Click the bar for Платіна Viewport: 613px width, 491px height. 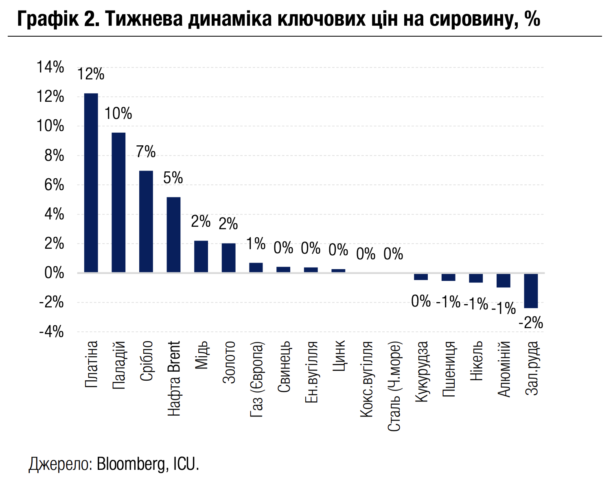point(91,183)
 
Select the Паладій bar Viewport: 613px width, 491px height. point(118,202)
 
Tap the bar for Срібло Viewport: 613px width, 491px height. point(146,221)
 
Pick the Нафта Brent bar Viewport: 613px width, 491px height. point(174,235)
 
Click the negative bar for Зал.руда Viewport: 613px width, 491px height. point(531,291)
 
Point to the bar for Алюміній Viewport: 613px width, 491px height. point(503,281)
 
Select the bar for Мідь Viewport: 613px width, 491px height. point(201,256)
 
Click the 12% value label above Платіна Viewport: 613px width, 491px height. point(91,74)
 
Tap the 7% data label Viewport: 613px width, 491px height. point(146,152)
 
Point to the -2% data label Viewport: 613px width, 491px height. point(531,323)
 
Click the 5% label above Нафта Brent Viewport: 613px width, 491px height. point(173,178)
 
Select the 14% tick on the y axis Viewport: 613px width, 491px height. point(50,68)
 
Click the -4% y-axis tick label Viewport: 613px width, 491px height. point(52,332)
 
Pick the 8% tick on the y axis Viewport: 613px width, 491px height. point(55,156)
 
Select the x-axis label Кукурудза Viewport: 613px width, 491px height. point(422,372)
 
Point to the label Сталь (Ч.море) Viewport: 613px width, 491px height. point(394,386)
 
